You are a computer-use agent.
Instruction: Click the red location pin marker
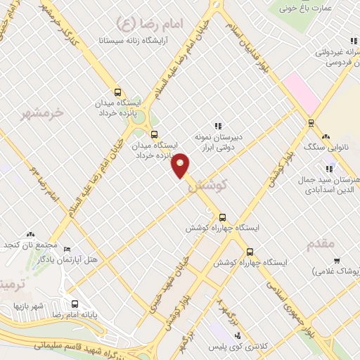tap(181, 165)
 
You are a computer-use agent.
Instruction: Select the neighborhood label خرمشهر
tap(41, 112)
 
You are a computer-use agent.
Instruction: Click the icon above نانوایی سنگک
tap(325, 136)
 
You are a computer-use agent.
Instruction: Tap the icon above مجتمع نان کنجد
tap(30, 233)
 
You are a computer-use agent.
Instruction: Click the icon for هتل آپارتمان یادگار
tap(67, 250)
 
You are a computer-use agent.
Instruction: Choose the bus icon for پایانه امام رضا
tap(75, 304)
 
